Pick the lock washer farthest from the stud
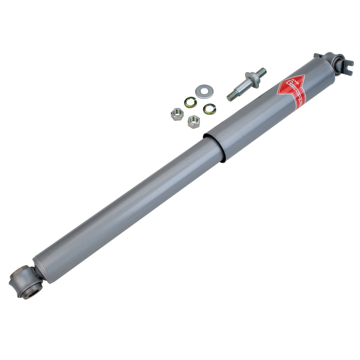click(x=190, y=103)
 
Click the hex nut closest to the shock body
click(x=194, y=121)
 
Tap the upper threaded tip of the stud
click(x=261, y=72)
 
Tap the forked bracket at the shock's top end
click(x=346, y=66)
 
